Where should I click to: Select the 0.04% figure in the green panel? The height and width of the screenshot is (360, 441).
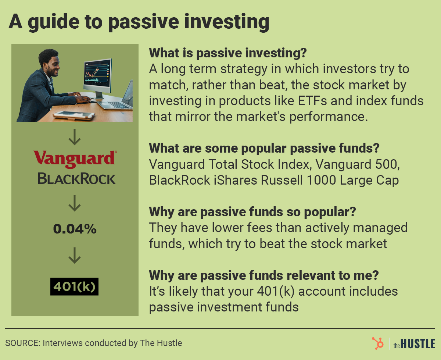(75, 229)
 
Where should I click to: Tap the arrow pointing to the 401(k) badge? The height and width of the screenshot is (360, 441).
(75, 256)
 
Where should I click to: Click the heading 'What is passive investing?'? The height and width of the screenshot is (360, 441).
(227, 53)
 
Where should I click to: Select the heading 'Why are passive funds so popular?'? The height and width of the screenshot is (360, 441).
(253, 212)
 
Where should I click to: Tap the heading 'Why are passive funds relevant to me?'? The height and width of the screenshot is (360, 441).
(263, 275)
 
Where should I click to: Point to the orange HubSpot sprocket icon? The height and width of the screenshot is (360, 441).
(377, 343)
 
